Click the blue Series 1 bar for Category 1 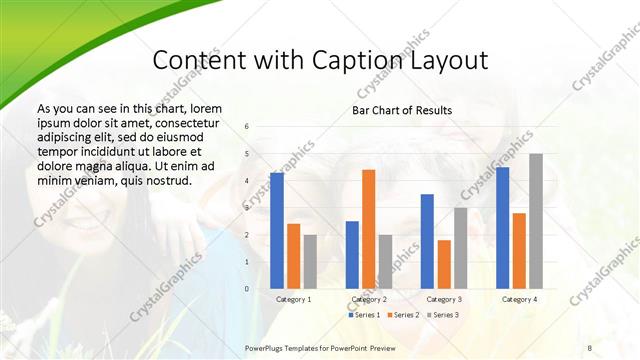coord(277,230)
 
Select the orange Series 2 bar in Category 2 coord(368,229)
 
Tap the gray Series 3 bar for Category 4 coord(536,221)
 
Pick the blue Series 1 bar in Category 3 coord(427,241)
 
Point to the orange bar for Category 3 coord(443,264)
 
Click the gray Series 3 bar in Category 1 coord(310,261)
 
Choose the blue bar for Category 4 coord(502,227)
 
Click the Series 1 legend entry coord(363,315)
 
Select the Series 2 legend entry coord(404,315)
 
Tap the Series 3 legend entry coord(444,315)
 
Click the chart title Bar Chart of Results coord(401,110)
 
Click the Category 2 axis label coord(368,299)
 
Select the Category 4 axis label coord(519,299)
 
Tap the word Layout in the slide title coord(446,60)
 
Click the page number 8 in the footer coord(589,346)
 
